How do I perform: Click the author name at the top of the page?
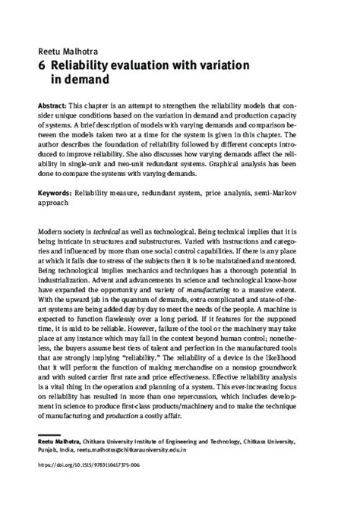tap(65, 51)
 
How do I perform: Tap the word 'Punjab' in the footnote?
tap(49, 448)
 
